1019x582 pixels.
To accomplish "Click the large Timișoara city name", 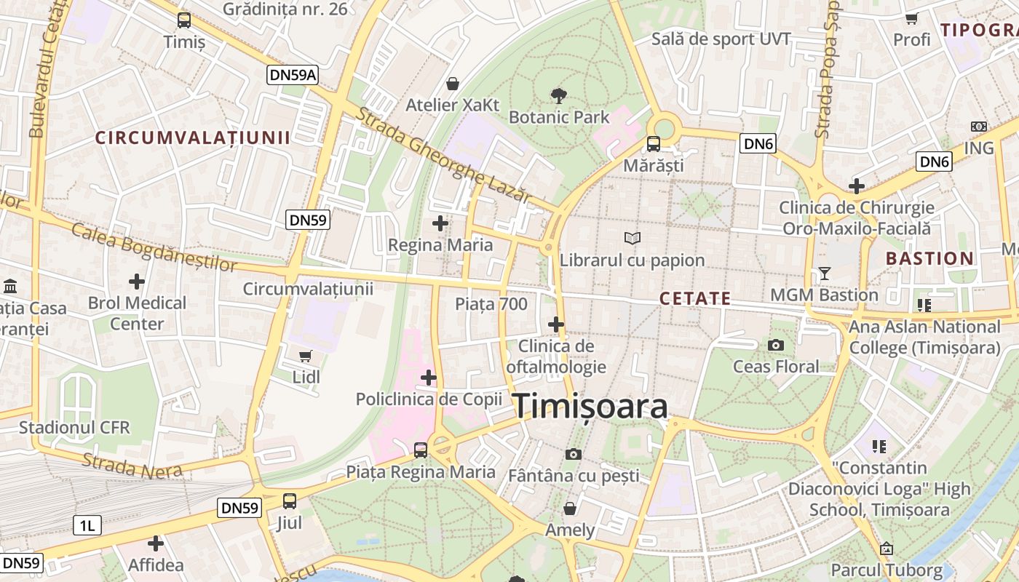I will coord(591,407).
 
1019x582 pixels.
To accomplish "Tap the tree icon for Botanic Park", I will coord(559,95).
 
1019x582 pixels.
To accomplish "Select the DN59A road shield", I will coord(293,74).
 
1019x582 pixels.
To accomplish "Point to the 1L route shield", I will coord(87,525).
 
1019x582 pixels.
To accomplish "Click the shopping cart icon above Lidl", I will coord(306,356).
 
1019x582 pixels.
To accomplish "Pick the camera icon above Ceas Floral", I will coord(776,345).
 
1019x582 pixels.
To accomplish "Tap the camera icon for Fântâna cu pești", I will coord(574,455).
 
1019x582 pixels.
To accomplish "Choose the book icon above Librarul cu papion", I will coord(633,238).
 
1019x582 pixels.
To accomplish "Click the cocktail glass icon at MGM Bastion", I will coord(824,274).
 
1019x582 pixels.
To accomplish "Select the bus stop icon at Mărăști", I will coord(654,144).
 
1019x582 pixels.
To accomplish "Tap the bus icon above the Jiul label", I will coord(290,501).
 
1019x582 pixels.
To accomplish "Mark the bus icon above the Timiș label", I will coord(184,20).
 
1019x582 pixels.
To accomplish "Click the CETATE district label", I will coord(695,298).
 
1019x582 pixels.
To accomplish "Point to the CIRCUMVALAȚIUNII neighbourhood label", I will coord(193,137).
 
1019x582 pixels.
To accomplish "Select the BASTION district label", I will coord(929,258).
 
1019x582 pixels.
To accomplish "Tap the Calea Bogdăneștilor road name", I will coord(154,247).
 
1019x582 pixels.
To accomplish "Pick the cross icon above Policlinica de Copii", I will coord(429,378).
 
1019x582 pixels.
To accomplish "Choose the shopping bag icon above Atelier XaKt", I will coord(453,84).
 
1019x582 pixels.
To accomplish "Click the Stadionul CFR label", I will coord(74,427).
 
